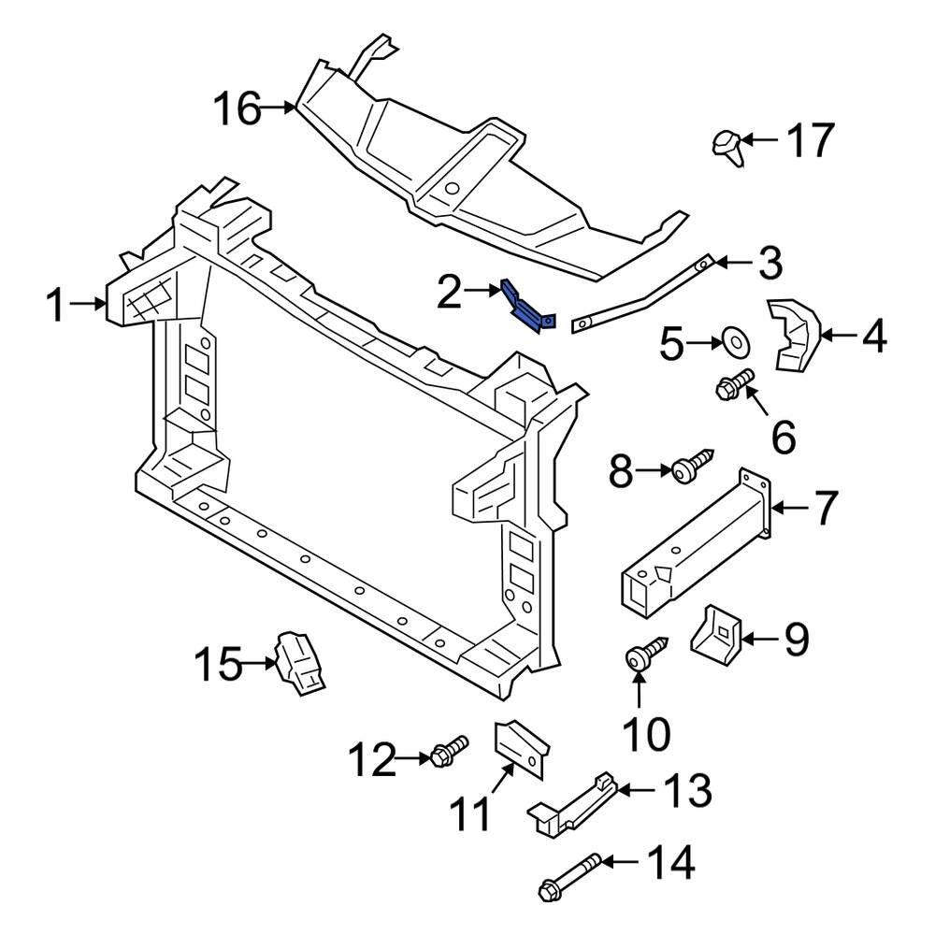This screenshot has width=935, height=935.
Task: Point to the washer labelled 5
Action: click(734, 342)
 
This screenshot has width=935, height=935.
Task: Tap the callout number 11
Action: click(467, 813)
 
